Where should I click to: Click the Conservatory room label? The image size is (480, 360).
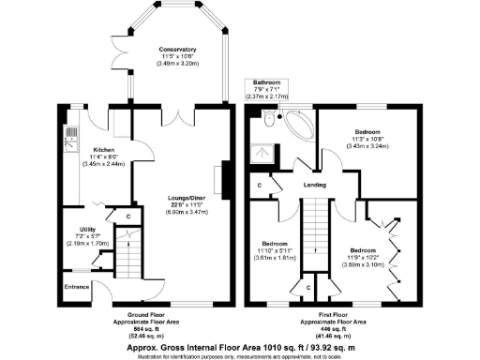coord(177,49)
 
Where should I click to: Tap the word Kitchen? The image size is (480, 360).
coord(102,149)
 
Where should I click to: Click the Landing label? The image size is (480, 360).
coord(315,184)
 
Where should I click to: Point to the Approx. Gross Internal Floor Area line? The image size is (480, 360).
coord(239,346)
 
